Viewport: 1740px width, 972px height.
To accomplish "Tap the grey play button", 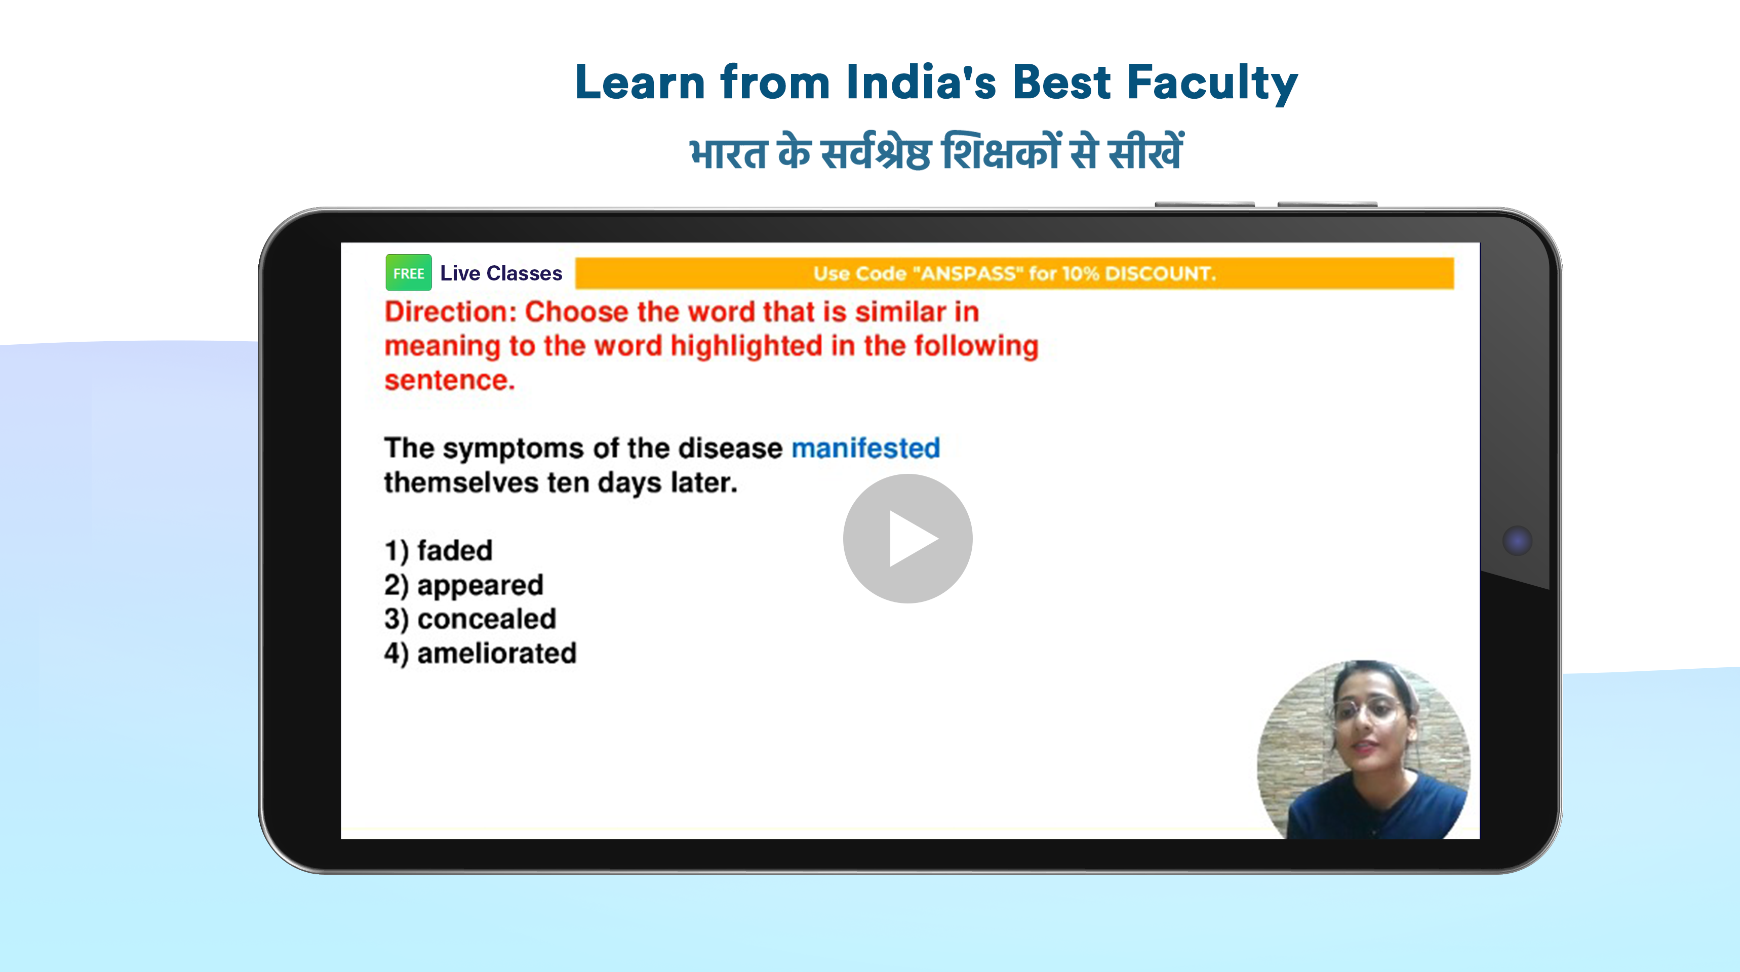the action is pos(907,538).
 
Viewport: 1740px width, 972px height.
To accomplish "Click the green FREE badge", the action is pos(408,273).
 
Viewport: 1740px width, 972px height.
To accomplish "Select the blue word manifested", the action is pos(865,448).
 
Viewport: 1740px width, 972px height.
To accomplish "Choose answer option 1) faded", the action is pos(438,550).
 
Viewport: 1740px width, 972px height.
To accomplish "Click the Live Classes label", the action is pos(501,273).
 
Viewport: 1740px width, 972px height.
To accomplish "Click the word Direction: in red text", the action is pos(451,312).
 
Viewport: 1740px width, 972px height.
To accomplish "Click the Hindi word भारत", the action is pos(728,153).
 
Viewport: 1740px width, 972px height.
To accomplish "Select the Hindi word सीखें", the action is pos(1145,151).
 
